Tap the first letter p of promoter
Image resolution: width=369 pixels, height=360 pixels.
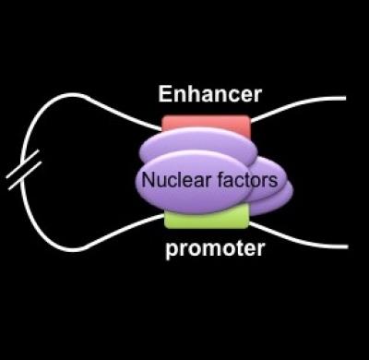pos(173,250)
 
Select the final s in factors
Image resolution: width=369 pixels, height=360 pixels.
pos(273,181)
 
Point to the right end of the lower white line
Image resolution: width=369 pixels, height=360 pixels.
pos(345,246)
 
